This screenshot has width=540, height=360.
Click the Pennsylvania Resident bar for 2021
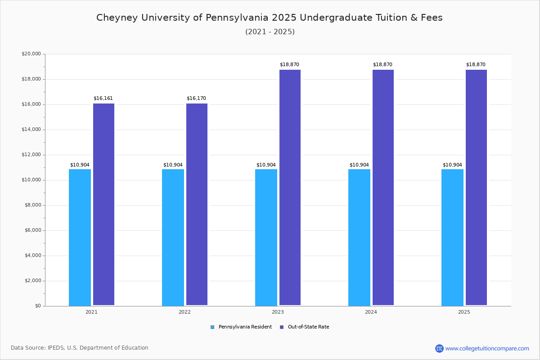(80, 237)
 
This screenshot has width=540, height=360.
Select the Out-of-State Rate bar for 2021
(103, 204)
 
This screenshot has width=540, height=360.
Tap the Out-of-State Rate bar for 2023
(290, 187)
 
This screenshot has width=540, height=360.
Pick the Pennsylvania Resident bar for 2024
(359, 237)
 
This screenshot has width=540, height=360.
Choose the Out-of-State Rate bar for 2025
(476, 187)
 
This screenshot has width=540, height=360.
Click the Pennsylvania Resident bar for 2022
(173, 237)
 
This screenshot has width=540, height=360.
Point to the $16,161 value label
(103, 98)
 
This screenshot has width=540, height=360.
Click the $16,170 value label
(196, 98)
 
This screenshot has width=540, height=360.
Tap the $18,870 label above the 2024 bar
(382, 64)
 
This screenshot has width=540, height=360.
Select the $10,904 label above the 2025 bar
(452, 165)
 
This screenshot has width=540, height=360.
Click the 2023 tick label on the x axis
(278, 312)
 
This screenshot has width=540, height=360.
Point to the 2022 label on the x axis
(184, 312)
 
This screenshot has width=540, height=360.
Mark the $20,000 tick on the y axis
(31, 54)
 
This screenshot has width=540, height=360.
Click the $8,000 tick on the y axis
(32, 205)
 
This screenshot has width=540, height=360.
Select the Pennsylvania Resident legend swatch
(212, 327)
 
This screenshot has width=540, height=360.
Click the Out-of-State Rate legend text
(308, 327)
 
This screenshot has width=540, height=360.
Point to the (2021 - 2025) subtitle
(270, 31)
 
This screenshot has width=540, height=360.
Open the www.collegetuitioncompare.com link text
(487, 348)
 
